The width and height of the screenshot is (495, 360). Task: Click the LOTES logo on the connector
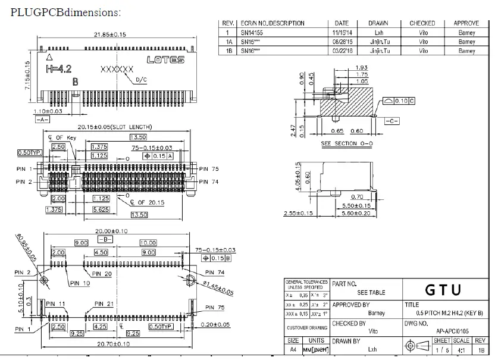click(x=166, y=60)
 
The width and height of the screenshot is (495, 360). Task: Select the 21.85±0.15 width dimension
click(x=110, y=35)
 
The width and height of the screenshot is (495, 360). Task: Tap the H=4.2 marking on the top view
click(x=60, y=70)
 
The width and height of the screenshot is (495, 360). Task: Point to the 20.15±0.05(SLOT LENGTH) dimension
click(x=115, y=127)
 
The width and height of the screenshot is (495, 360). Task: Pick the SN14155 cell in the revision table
click(x=253, y=33)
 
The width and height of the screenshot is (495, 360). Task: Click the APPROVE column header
click(x=466, y=23)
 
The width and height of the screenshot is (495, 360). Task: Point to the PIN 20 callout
click(x=102, y=274)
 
